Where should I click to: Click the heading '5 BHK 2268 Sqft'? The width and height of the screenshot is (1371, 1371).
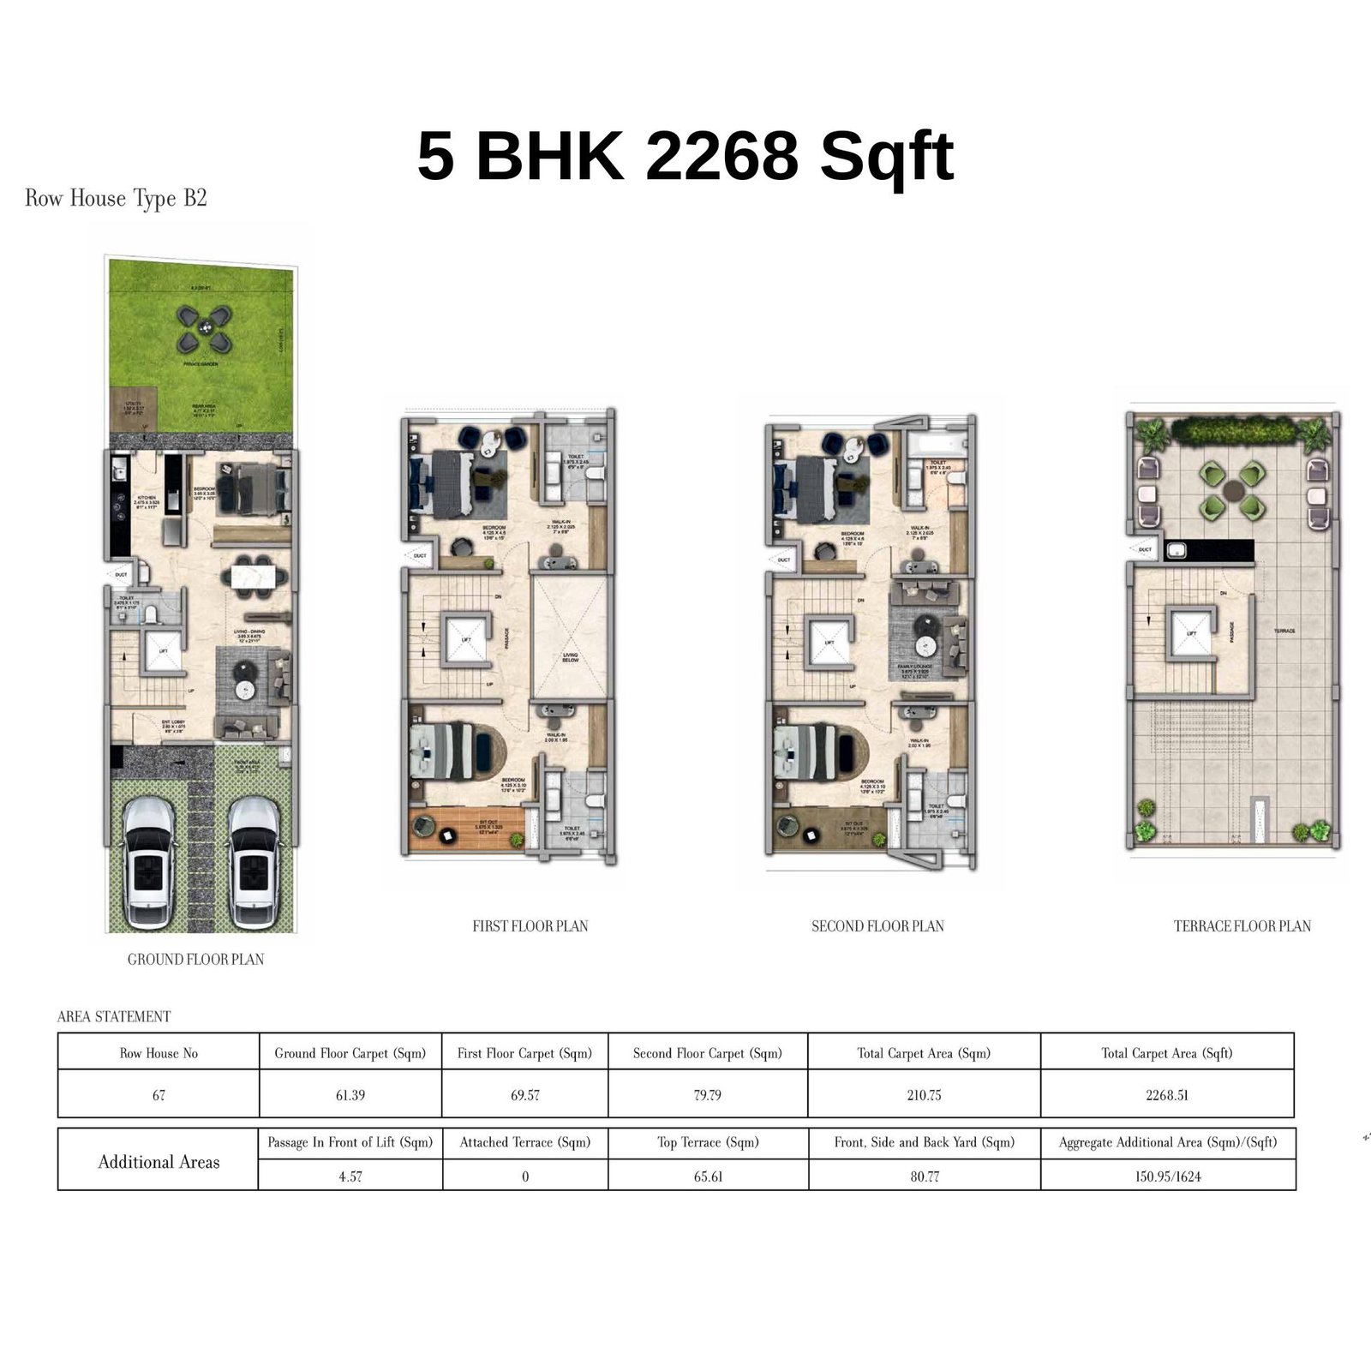point(685,156)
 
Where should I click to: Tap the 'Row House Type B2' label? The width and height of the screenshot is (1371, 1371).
point(116,199)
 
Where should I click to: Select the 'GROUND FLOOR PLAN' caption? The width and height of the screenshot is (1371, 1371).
point(195,960)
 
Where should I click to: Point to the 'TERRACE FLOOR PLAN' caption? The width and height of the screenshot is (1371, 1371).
point(1242,926)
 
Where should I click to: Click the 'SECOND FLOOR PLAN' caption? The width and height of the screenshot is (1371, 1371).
point(877,926)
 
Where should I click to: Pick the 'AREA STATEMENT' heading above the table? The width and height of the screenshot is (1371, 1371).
point(114,1017)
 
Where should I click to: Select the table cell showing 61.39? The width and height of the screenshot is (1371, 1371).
point(350,1095)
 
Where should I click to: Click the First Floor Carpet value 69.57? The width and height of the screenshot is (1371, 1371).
point(524,1095)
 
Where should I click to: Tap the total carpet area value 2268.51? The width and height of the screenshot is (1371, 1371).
point(1166,1095)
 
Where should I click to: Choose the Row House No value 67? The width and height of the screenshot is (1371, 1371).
point(159,1095)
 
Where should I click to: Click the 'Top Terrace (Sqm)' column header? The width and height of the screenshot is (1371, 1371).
point(708,1142)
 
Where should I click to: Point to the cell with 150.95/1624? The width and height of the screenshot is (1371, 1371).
point(1167,1176)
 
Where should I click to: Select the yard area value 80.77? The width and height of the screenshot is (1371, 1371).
point(925,1176)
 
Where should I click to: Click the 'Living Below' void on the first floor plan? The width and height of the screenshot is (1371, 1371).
point(570,638)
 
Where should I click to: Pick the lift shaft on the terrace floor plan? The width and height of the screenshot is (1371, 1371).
point(1191,632)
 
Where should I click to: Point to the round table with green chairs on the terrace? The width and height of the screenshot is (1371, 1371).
point(1232,491)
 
